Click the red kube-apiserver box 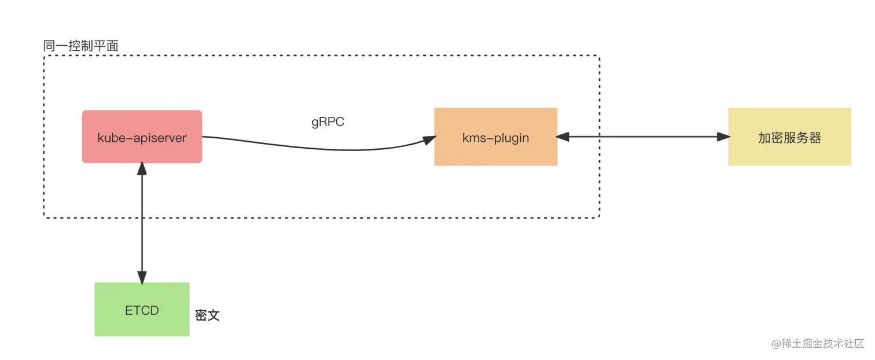(142, 137)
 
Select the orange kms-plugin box (495, 137)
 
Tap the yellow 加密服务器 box (790, 137)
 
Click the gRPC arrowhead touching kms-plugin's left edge (429, 139)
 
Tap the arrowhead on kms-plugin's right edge (563, 137)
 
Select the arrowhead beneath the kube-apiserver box (141, 169)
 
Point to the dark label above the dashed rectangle (81, 44)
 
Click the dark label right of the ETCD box (207, 314)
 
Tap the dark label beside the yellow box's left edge (720, 137)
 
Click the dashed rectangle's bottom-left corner (43, 219)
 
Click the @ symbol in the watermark (774, 343)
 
